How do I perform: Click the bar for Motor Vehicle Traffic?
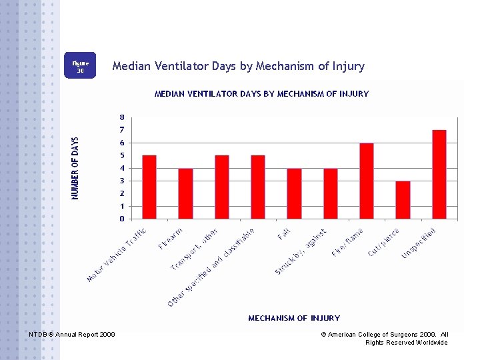click(x=149, y=187)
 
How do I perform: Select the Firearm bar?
click(x=185, y=193)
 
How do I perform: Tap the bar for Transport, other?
click(x=222, y=187)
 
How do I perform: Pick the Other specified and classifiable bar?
click(x=258, y=187)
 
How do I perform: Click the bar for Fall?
click(x=294, y=193)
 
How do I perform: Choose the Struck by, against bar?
click(x=331, y=193)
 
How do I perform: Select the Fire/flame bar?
click(x=367, y=181)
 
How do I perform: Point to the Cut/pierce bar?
click(x=403, y=199)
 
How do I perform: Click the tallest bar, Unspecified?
click(x=439, y=174)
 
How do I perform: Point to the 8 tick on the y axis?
click(x=122, y=117)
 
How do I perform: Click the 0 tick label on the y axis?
click(x=122, y=219)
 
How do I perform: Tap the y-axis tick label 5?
click(x=122, y=155)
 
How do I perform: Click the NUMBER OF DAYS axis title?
click(x=75, y=168)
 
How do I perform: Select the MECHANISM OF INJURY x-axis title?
click(x=294, y=318)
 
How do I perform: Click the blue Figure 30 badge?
click(x=80, y=66)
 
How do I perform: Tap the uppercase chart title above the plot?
click(x=261, y=94)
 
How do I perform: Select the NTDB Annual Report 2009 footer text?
click(x=72, y=334)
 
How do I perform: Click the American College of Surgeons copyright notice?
click(x=385, y=338)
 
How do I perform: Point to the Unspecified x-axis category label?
click(x=419, y=243)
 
